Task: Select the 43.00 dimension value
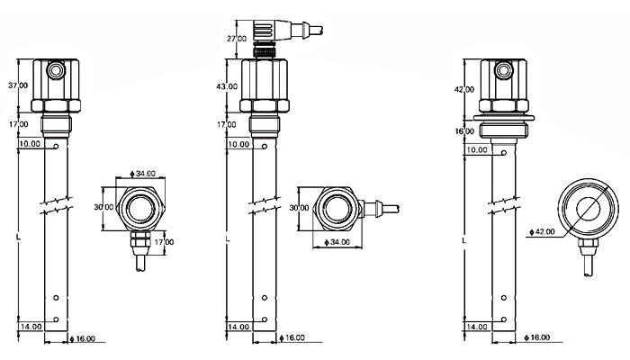227,86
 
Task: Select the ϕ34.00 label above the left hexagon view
143,173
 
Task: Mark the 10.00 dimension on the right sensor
478,149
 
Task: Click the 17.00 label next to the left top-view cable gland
164,242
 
